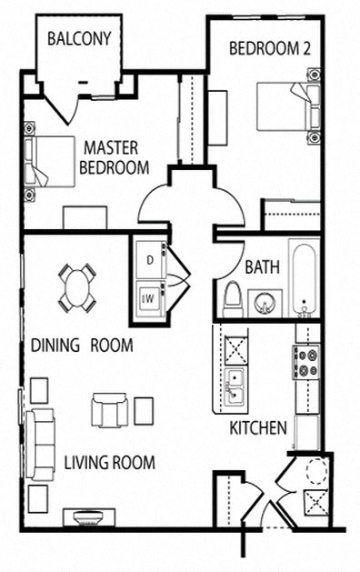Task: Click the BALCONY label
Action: click(79, 38)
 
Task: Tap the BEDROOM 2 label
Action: click(269, 49)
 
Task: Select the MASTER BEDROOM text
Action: click(114, 156)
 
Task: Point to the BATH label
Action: click(262, 267)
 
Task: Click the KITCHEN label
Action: click(258, 427)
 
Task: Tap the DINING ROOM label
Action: click(82, 346)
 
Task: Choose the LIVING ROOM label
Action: click(109, 462)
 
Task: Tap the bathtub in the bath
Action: click(304, 276)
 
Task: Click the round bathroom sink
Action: click(265, 301)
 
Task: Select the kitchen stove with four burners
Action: click(305, 361)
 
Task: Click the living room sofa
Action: click(41, 443)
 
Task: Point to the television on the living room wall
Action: click(88, 517)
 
